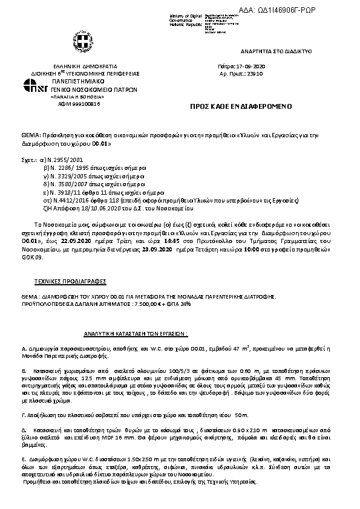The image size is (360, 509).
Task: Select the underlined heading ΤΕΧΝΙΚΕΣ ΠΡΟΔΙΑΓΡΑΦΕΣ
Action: (62, 282)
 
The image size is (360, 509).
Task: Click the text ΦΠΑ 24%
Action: (179, 303)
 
